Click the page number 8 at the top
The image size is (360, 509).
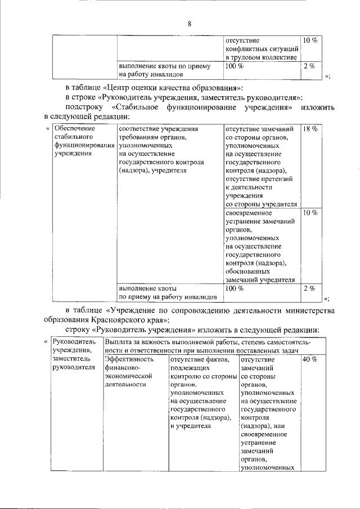tap(190, 24)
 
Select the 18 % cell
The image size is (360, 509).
tap(310, 129)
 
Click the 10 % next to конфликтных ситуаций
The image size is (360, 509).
tap(310, 40)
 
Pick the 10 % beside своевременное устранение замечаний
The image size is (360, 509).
tap(310, 214)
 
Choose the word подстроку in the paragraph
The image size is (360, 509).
tap(83, 107)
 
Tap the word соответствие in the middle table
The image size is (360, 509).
tap(138, 129)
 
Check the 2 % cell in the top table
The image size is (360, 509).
tap(308, 66)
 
